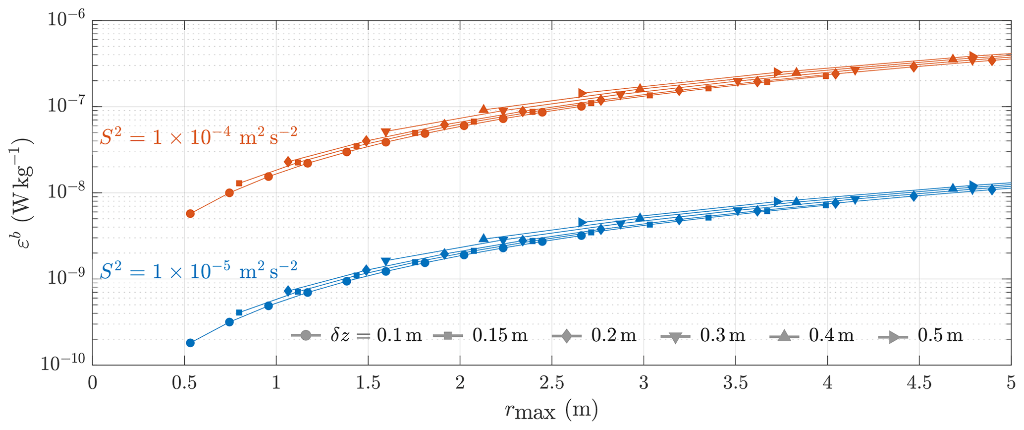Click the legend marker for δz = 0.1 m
coord(305,336)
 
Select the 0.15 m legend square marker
coord(447,336)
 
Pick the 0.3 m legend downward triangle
coord(675,336)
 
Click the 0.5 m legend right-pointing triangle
coord(893,336)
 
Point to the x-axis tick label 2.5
coord(551,383)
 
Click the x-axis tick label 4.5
coord(919,383)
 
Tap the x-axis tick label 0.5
coord(184,383)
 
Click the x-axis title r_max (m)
coord(551,411)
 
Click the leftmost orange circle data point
coord(190,214)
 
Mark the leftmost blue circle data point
coord(190,343)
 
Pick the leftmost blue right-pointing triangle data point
coord(583,222)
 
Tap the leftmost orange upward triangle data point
coord(484,109)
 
